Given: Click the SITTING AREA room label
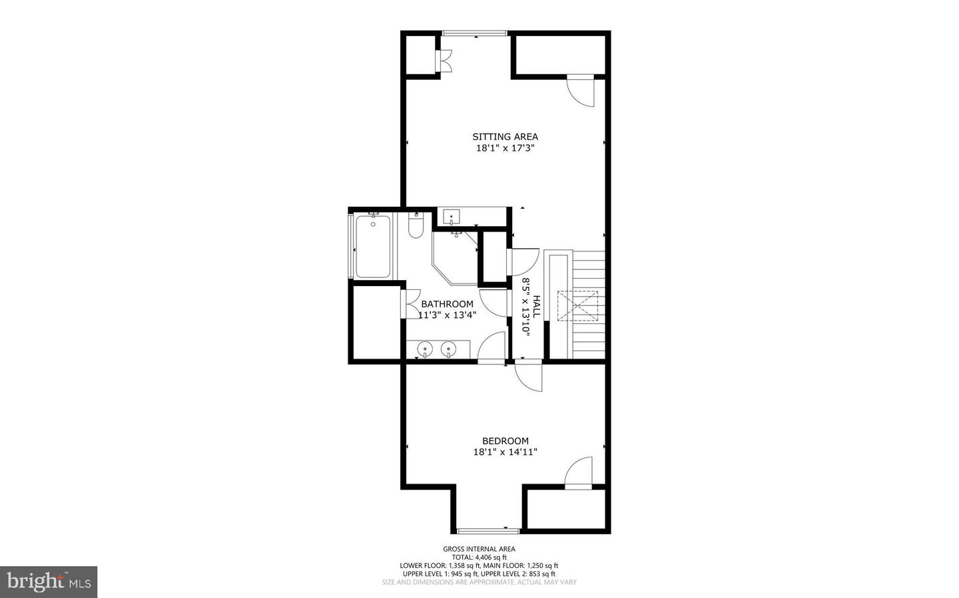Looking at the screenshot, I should pyautogui.click(x=505, y=137).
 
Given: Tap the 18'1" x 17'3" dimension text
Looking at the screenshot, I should pyautogui.click(x=505, y=148).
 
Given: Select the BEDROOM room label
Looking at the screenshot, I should pyautogui.click(x=505, y=440).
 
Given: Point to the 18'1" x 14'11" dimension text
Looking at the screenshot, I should pyautogui.click(x=505, y=452).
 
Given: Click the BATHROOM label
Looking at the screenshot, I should pyautogui.click(x=447, y=304).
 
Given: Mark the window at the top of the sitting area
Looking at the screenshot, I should pyautogui.click(x=475, y=33).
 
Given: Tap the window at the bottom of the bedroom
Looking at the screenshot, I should pyautogui.click(x=488, y=530).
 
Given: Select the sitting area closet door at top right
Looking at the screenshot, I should pyautogui.click(x=581, y=90).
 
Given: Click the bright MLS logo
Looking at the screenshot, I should pyautogui.click(x=49, y=582).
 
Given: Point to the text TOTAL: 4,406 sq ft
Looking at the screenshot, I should pyautogui.click(x=479, y=557).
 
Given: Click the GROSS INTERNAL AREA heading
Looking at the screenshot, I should pyautogui.click(x=479, y=549).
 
